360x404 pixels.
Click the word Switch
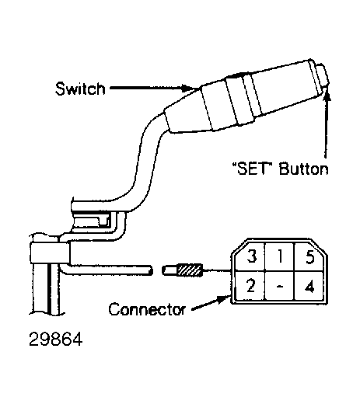coord(80,89)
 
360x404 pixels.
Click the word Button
coord(303,169)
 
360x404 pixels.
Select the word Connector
coord(147,309)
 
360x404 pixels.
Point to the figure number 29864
coord(56,339)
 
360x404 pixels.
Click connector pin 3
coord(251,256)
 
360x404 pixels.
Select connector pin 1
coord(280,256)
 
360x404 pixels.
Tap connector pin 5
coord(310,256)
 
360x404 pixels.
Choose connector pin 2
coord(250,286)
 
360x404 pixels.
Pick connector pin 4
coord(309,287)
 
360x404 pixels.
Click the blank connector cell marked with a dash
coord(280,286)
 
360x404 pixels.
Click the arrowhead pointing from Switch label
coord(187,88)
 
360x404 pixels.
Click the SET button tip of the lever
coord(323,75)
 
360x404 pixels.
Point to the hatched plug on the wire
coord(190,270)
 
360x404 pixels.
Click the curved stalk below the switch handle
coord(145,165)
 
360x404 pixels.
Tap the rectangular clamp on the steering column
coord(50,253)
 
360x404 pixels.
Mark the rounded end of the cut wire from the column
coord(150,270)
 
